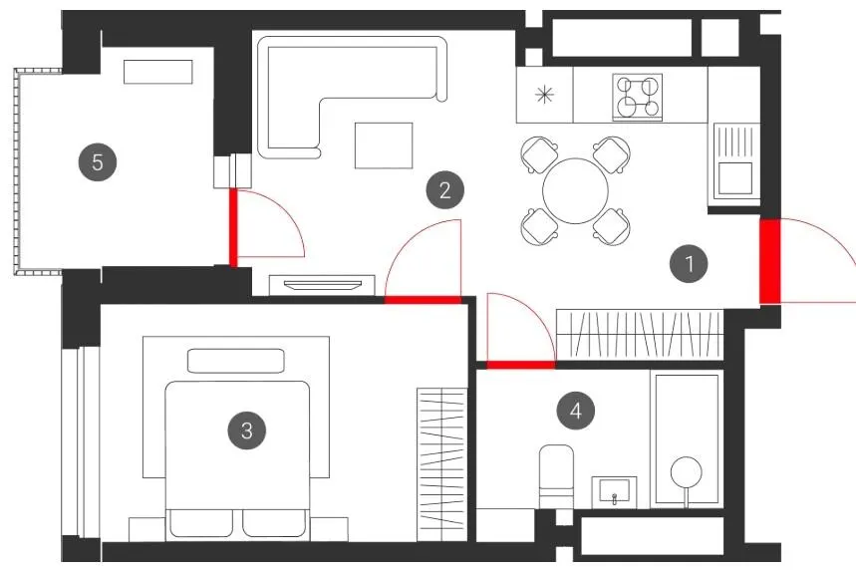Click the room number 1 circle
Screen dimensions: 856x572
689,264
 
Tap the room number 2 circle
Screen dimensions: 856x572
444,190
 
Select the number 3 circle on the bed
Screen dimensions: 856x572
247,430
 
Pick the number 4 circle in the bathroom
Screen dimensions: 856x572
576,411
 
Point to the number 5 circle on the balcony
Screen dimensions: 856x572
98,162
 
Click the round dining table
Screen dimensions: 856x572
575,191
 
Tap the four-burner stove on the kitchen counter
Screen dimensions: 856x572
637,97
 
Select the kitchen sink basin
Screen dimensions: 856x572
734,178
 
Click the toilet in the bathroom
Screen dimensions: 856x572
556,476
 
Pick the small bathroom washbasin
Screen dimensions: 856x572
614,491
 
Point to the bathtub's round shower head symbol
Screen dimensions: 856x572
687,471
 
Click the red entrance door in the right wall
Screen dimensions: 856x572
769,261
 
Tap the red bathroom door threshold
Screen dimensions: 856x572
521,365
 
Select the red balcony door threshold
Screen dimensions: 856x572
233,227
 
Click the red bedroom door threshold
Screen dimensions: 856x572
424,300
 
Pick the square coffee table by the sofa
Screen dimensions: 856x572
384,145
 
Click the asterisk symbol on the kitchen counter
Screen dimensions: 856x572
544,95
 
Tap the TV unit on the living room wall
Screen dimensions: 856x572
322,285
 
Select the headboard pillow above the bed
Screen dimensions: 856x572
236,361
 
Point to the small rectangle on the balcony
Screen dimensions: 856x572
158,72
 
